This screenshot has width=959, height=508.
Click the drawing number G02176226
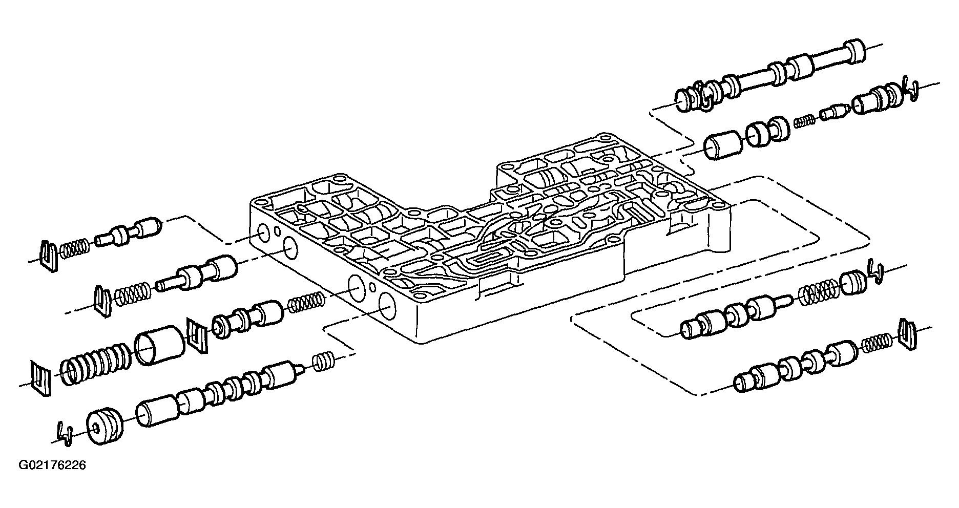tap(52, 466)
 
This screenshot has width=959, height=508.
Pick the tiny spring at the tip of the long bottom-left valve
tap(323, 361)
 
